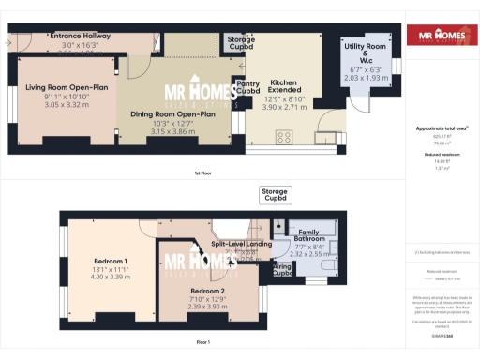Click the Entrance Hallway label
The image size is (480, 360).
click(x=80, y=36)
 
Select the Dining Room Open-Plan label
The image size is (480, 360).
click(x=178, y=114)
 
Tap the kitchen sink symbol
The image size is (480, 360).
click(x=325, y=140)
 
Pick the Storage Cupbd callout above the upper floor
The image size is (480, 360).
click(x=275, y=195)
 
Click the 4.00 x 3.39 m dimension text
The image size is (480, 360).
click(x=112, y=277)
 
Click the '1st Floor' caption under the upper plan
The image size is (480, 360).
click(x=202, y=173)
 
